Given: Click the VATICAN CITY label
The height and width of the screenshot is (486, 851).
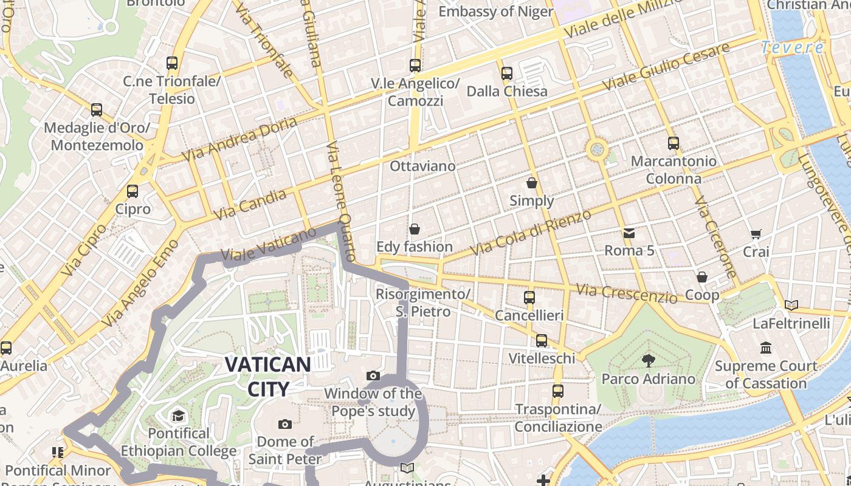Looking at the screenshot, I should pos(267,376).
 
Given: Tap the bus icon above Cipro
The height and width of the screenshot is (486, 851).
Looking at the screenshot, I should pos(133,191).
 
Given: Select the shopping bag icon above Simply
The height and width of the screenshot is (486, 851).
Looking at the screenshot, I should pos(532,183).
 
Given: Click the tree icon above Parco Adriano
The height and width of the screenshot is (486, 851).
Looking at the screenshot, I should pos(648,361).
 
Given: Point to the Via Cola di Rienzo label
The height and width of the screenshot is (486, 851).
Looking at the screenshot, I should pos(530,233).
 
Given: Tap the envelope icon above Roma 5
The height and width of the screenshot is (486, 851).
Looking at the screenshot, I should pos(629,233).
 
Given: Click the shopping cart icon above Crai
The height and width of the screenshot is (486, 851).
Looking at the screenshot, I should pos(756,234).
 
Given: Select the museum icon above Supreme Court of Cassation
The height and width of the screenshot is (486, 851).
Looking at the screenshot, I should pos(766,348).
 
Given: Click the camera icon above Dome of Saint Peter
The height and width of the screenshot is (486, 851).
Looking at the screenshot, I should pos(285,424).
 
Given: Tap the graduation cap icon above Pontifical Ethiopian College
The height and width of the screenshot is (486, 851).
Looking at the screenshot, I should pos(178,416).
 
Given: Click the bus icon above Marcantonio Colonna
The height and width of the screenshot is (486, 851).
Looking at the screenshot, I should pos(674,143).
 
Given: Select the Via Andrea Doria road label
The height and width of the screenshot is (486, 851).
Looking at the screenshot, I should pos(241,139).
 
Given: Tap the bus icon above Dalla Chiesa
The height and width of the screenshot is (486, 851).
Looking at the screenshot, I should pos(507,74).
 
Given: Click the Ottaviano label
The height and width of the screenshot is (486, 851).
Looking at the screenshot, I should pos(422,166).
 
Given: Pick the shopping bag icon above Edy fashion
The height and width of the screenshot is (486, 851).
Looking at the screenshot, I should pos(415,229).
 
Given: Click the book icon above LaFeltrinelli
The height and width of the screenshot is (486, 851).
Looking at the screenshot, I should pos(791,305).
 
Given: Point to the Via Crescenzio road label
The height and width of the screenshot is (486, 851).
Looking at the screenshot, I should pos(627,293).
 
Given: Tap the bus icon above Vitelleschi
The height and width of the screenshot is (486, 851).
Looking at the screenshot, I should pos(542,340).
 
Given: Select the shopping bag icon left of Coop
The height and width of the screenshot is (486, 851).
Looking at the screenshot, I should pos(702,277).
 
